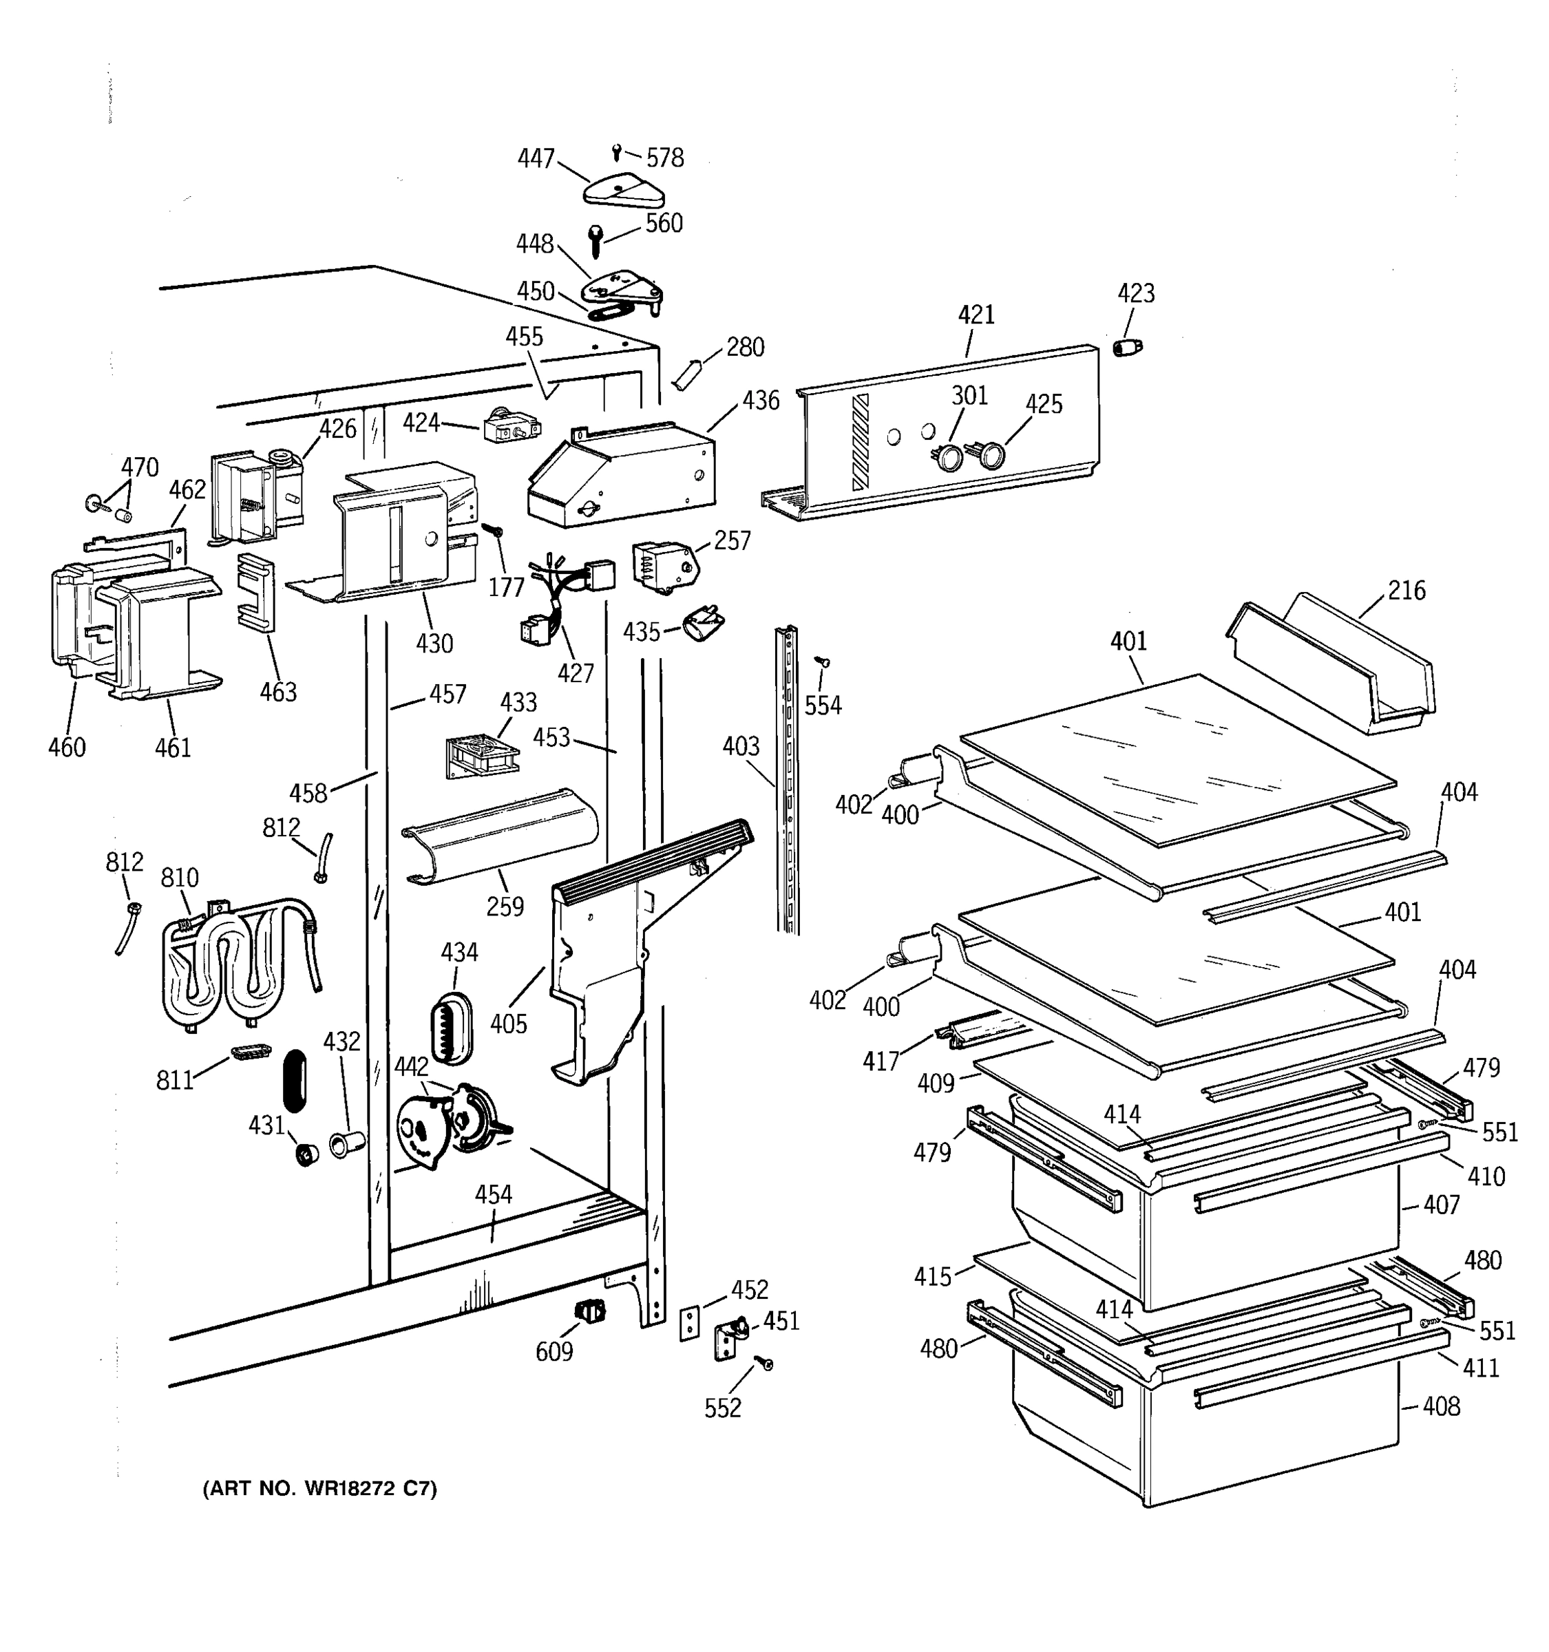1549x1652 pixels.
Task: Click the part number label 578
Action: [x=665, y=158]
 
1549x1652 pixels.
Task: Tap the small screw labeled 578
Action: [x=615, y=152]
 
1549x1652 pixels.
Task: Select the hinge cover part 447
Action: [x=623, y=191]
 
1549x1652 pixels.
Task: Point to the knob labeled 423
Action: [x=1128, y=348]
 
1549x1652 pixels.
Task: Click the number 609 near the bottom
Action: [x=554, y=1352]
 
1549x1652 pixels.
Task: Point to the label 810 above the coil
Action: [x=180, y=878]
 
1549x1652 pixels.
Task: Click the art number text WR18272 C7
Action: [x=320, y=1488]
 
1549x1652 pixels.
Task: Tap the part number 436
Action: [x=760, y=401]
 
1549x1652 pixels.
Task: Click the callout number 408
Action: [x=1441, y=1406]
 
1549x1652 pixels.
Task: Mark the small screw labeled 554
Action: [x=823, y=662]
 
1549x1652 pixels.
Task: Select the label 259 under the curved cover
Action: [x=505, y=906]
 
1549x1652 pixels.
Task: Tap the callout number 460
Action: [x=67, y=747]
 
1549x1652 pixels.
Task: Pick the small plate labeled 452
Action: [x=690, y=1322]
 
